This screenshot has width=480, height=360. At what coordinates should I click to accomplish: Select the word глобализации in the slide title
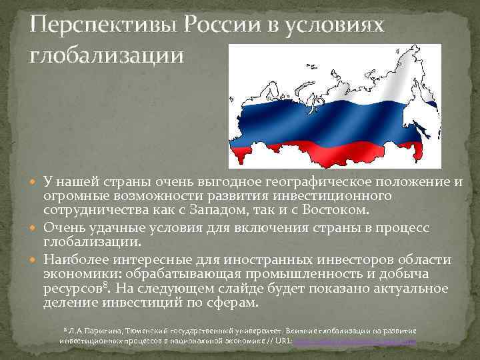click(x=105, y=55)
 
